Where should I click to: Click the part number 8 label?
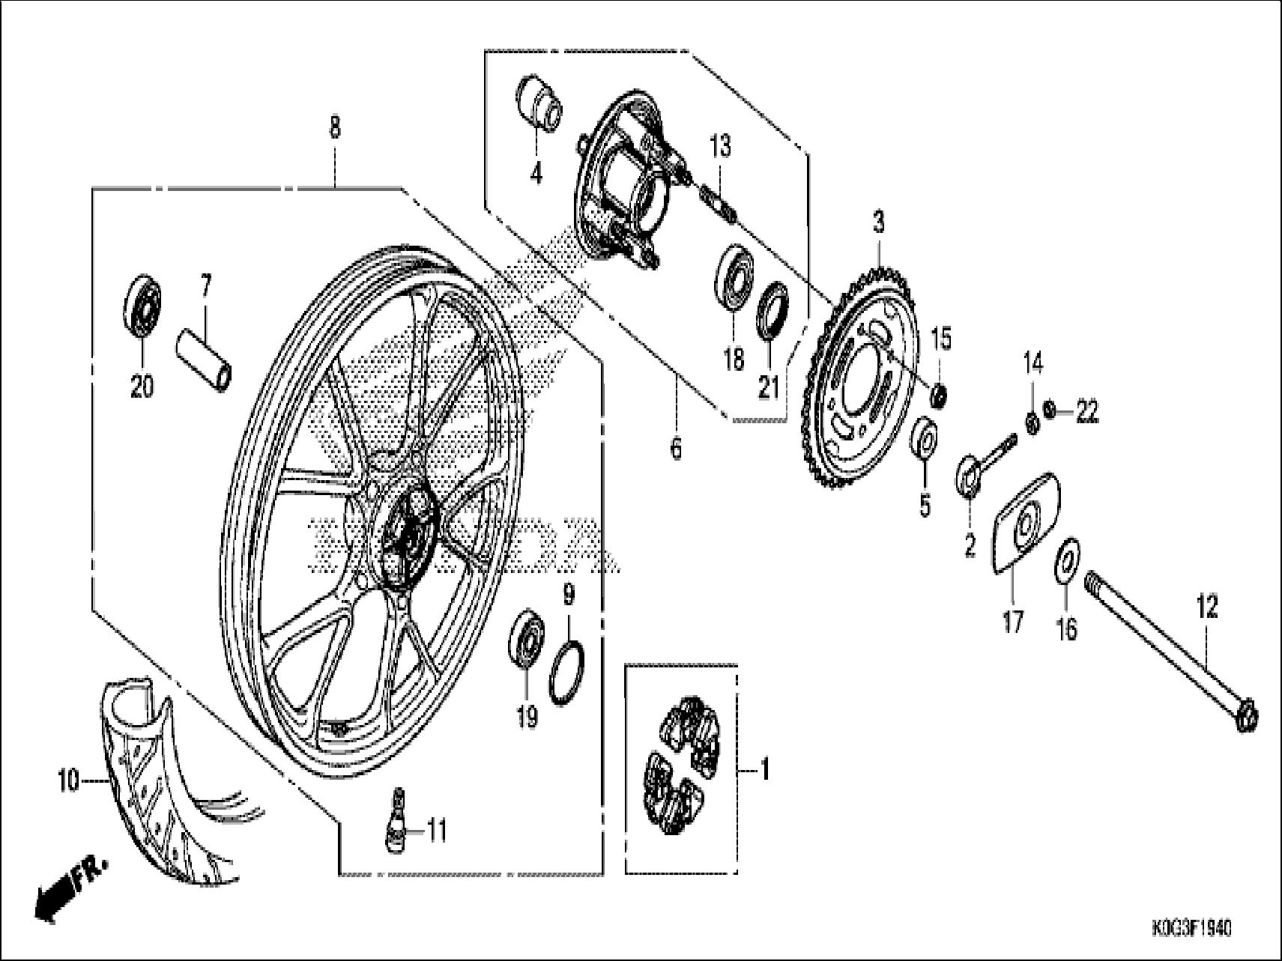[334, 127]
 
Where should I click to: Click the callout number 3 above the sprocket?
[877, 222]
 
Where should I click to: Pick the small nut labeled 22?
[1050, 410]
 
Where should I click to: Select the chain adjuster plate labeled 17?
[1026, 525]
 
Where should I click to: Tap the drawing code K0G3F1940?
[1191, 929]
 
